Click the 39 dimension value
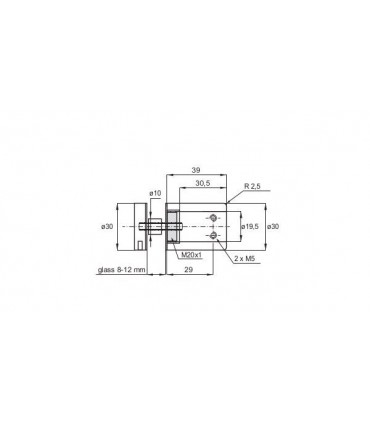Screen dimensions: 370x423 point(196,170)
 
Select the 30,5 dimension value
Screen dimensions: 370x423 point(202,183)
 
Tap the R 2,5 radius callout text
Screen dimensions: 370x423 point(252,186)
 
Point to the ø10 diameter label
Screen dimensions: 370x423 point(155,193)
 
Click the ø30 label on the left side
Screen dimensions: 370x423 point(107,226)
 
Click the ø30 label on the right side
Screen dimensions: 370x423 point(273,226)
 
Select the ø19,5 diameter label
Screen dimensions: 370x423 point(250,226)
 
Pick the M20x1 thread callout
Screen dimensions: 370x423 point(192,255)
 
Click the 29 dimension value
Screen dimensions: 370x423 point(189,270)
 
